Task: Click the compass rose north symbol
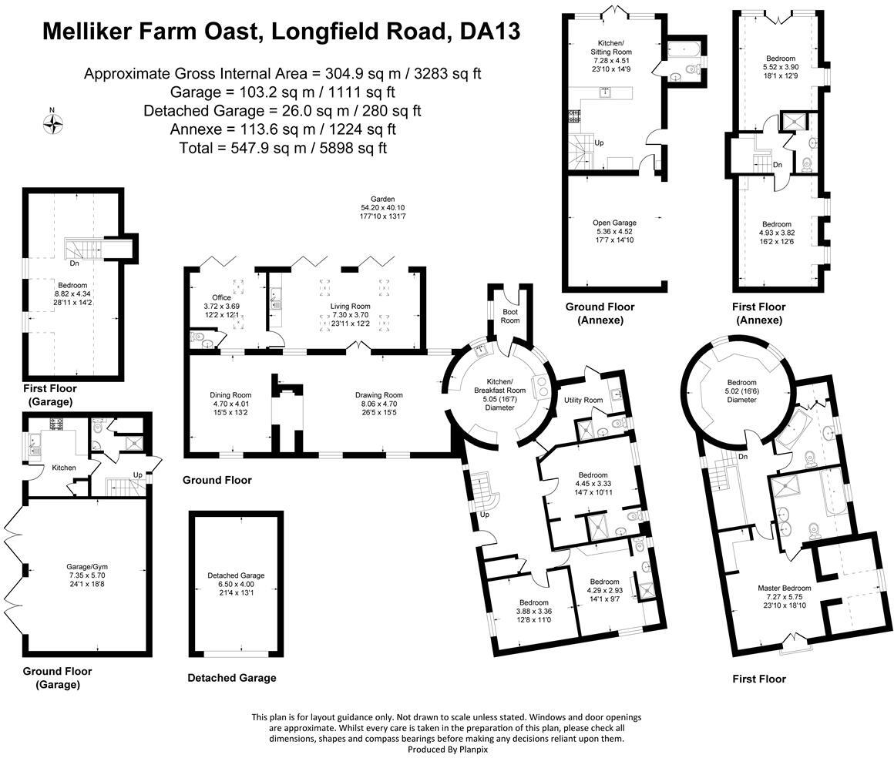tap(52, 123)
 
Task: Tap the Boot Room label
tap(509, 317)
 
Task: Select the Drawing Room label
tap(378, 395)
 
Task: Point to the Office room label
tap(221, 297)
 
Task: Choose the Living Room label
tap(351, 307)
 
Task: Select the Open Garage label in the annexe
tap(614, 223)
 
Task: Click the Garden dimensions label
tap(382, 208)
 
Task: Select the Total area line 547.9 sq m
tap(282, 146)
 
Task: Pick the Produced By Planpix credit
tap(447, 749)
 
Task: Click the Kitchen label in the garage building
tap(65, 467)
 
